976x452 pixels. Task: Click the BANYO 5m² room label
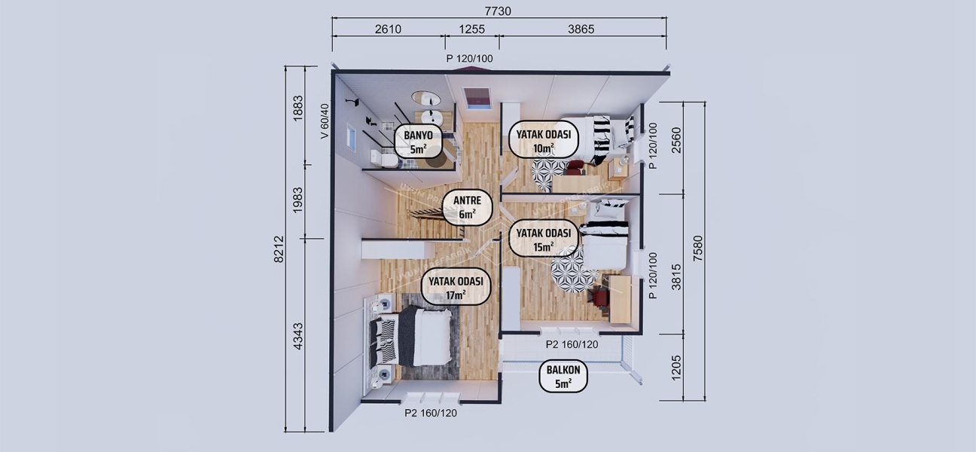coord(419,141)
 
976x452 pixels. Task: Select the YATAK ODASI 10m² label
coord(543,141)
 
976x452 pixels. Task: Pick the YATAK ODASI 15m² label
coord(543,238)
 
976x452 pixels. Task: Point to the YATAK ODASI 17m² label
coord(457,287)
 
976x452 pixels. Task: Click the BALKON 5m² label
coord(563,376)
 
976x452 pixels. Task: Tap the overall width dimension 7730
coord(498,12)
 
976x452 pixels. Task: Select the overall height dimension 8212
coord(279,249)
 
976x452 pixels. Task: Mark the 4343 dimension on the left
coord(297,335)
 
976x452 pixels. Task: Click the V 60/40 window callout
coord(325,121)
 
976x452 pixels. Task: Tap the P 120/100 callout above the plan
coord(469,58)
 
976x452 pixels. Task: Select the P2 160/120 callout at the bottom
coord(431,413)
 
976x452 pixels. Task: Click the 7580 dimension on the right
coord(699,249)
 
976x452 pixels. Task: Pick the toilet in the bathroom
coord(384,158)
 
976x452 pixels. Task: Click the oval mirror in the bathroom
coord(426,99)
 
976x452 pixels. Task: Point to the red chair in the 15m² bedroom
coord(599,298)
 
